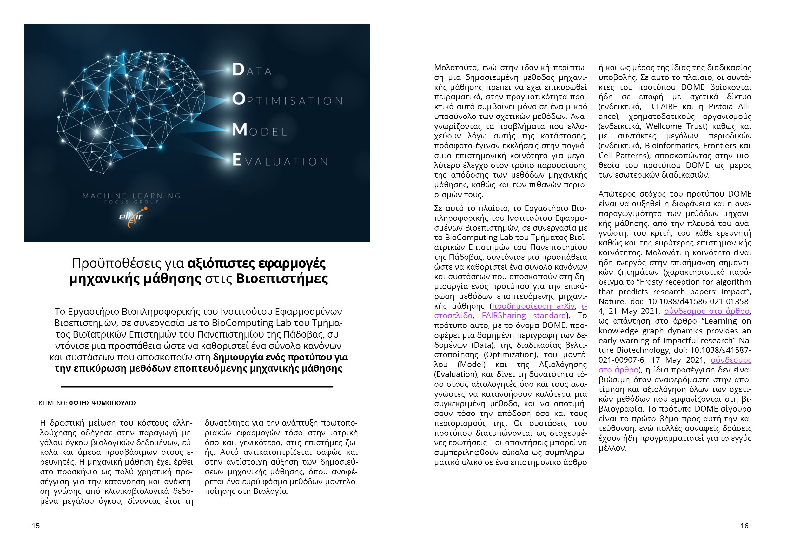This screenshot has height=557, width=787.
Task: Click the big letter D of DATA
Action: click(x=238, y=70)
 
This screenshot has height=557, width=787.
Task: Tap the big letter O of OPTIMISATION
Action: click(x=239, y=99)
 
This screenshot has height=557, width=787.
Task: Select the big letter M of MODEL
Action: click(x=240, y=130)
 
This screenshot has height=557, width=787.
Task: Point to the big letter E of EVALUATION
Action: click(x=237, y=160)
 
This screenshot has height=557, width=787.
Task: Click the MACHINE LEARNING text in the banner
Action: click(x=132, y=196)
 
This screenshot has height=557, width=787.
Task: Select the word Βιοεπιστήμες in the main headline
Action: click(x=282, y=278)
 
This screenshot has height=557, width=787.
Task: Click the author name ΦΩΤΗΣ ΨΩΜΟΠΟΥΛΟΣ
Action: click(x=103, y=403)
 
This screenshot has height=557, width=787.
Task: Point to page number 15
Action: click(x=36, y=526)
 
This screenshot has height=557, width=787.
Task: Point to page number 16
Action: click(x=744, y=526)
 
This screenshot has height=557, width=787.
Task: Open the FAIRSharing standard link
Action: click(x=523, y=316)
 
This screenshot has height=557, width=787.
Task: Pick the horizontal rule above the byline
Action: click(x=197, y=387)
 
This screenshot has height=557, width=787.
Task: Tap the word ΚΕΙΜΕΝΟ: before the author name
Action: click(x=53, y=403)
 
